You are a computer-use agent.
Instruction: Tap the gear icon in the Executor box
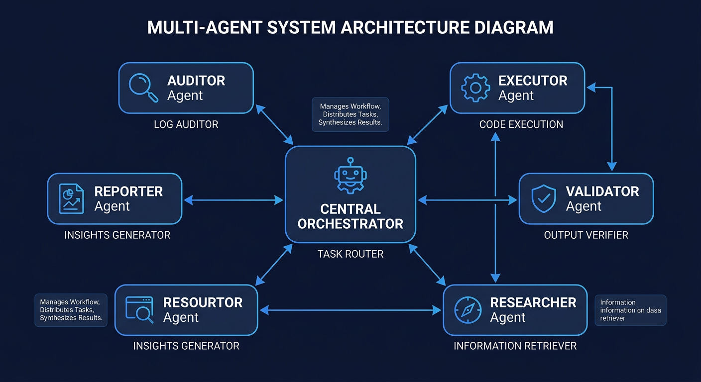click(475, 88)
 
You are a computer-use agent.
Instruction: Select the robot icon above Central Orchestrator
click(350, 176)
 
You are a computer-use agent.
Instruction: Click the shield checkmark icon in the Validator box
click(544, 199)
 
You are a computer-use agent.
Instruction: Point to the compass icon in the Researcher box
click(468, 310)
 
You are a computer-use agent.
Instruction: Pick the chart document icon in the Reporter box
click(71, 198)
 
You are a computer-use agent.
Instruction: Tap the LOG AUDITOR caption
click(186, 124)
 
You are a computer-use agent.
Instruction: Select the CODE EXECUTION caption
click(521, 124)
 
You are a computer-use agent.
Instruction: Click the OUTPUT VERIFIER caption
click(586, 235)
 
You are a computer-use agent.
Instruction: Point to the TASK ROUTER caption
click(350, 254)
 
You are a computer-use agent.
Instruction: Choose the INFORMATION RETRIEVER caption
click(515, 346)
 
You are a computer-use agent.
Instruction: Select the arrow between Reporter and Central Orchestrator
click(234, 200)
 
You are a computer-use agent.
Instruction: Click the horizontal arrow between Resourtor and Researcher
click(350, 310)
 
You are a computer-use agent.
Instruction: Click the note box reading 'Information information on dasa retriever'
click(630, 310)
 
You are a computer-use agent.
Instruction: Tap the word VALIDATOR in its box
click(602, 191)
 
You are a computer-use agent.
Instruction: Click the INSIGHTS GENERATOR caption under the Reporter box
click(117, 235)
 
